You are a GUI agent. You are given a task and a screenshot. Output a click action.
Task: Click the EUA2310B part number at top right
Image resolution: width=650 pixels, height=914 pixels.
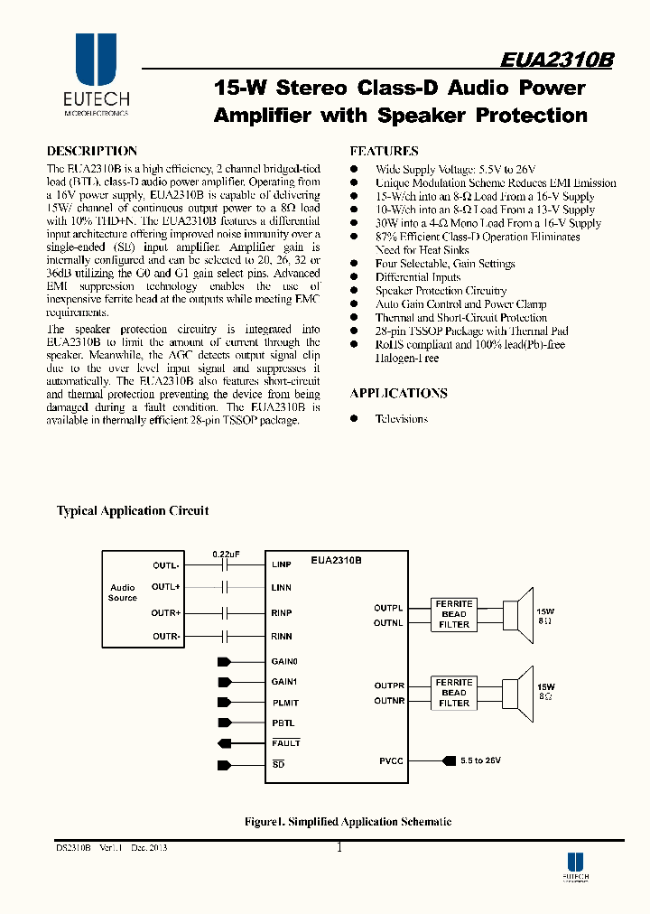click(557, 60)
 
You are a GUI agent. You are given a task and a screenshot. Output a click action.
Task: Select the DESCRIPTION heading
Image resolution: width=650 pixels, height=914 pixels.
click(92, 152)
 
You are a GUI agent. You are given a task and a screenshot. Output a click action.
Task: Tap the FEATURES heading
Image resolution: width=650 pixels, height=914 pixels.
click(384, 152)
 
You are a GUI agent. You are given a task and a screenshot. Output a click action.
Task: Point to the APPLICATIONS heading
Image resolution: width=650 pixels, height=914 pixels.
click(398, 394)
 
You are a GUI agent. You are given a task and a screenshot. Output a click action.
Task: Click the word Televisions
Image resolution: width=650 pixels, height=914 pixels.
click(402, 419)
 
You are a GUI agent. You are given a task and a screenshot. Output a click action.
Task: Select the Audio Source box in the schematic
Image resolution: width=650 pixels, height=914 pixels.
click(123, 592)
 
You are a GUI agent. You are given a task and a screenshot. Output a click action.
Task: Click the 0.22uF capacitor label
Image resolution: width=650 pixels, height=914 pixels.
click(226, 553)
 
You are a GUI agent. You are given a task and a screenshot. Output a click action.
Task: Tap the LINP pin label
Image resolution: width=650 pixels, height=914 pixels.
click(281, 565)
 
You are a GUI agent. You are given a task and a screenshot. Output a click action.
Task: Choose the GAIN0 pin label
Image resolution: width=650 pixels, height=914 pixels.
click(284, 662)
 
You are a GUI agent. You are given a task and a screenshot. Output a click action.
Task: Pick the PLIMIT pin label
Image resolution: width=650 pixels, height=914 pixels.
click(285, 703)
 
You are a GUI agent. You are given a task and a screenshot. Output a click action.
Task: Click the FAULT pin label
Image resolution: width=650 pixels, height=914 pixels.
click(285, 743)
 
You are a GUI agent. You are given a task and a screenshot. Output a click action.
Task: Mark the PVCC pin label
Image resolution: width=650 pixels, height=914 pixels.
click(391, 761)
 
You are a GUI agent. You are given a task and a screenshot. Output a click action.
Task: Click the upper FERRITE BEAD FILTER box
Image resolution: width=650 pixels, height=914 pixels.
click(454, 613)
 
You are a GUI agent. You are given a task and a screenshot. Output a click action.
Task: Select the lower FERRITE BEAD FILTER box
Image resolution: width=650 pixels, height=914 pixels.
click(454, 693)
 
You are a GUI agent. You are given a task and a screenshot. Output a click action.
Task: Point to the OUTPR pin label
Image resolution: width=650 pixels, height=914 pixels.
click(389, 686)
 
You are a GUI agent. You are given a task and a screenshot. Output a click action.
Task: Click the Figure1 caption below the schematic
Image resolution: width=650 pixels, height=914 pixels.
click(348, 822)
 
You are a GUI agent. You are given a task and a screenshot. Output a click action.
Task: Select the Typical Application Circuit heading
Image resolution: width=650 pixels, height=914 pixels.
click(133, 511)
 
